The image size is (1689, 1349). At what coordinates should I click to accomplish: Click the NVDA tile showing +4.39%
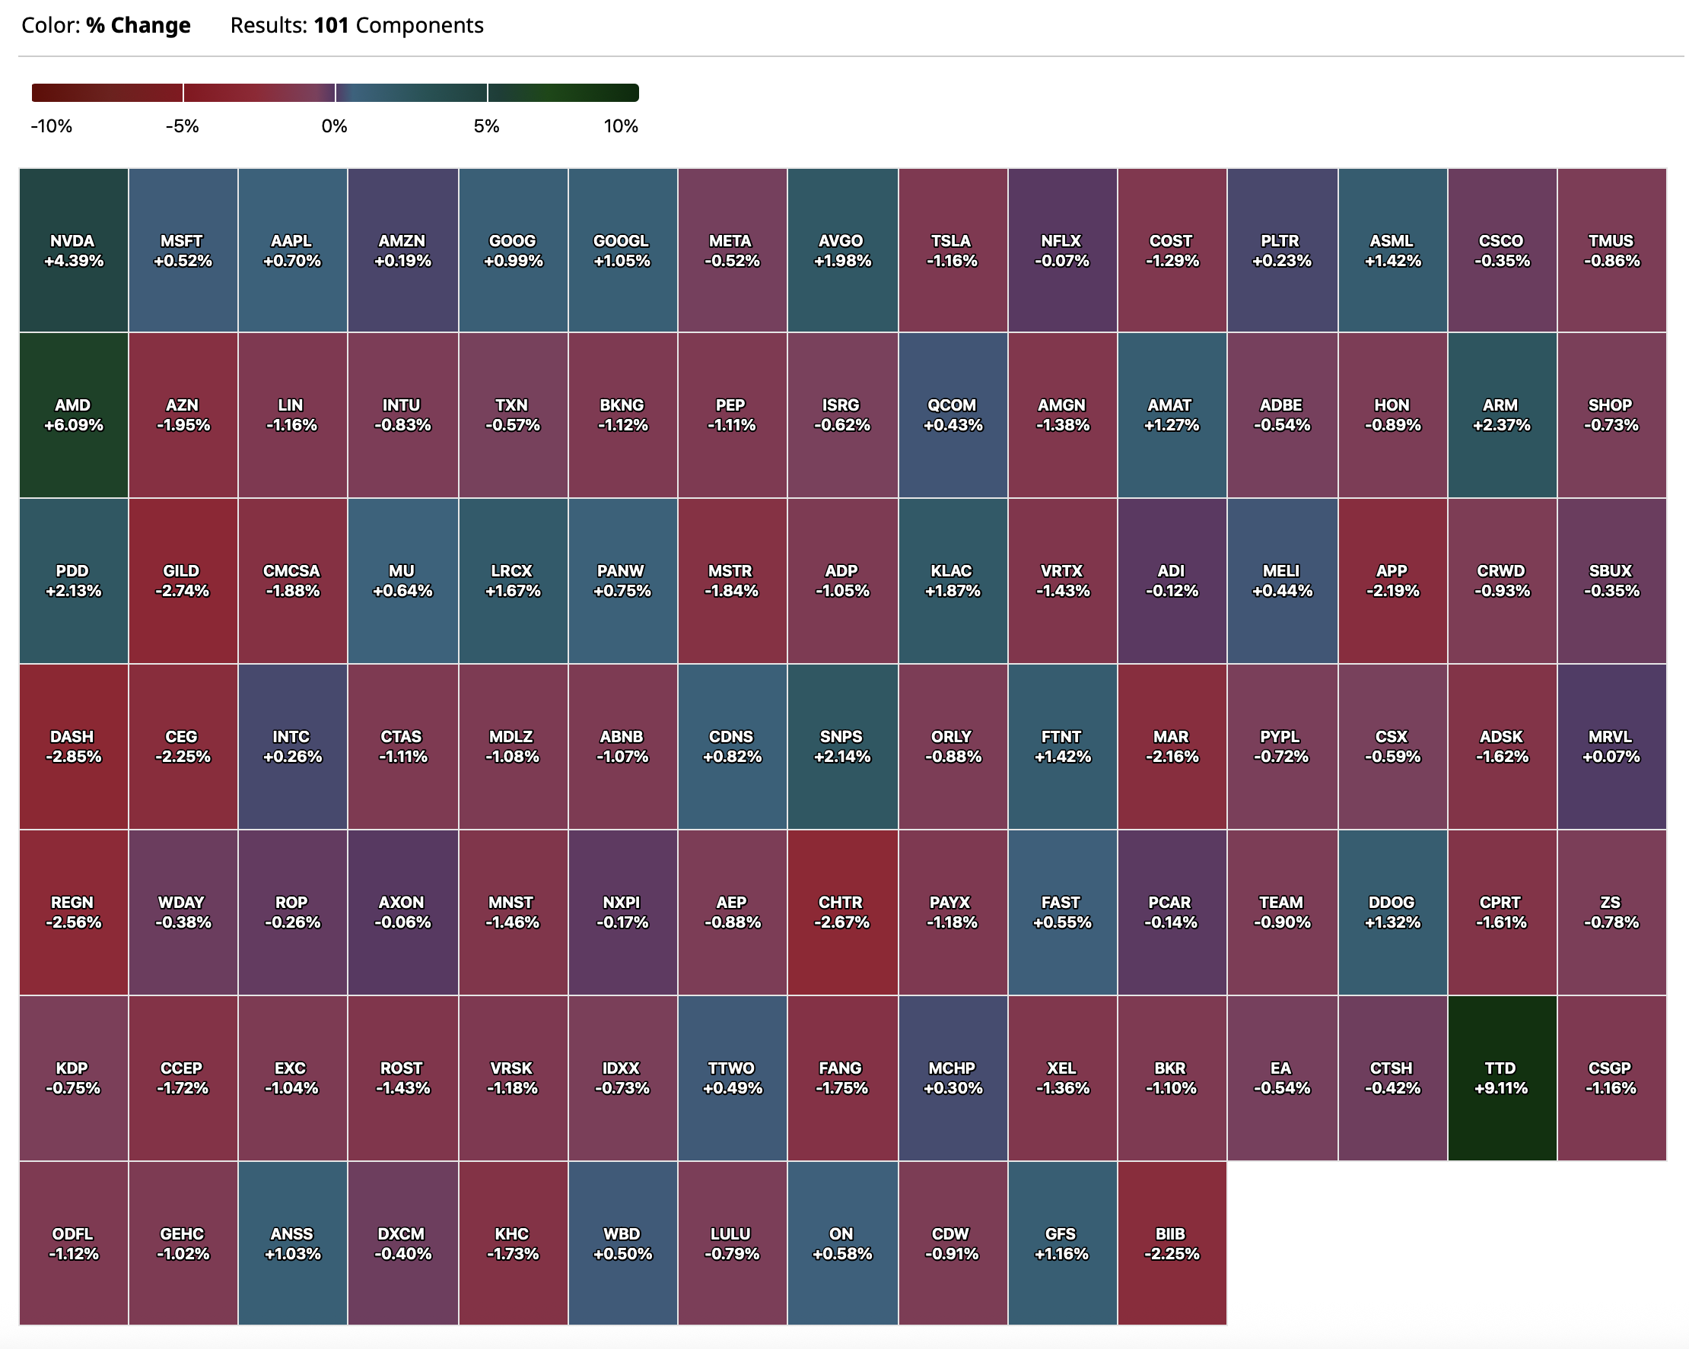(73, 250)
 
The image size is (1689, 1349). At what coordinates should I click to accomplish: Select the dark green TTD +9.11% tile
(1501, 1078)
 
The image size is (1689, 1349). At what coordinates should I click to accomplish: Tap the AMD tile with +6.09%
(73, 415)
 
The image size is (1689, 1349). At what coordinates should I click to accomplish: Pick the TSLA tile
(952, 250)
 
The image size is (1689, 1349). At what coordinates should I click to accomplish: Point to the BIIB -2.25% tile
(1171, 1243)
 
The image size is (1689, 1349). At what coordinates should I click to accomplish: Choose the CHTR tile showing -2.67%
(841, 912)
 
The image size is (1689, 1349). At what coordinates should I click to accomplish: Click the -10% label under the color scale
(52, 126)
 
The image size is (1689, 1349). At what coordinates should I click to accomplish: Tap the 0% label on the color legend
(335, 126)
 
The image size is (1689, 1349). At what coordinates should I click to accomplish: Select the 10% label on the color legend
(621, 126)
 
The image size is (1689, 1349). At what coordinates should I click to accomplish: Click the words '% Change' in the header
(138, 26)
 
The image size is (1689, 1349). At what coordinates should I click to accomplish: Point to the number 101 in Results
(331, 26)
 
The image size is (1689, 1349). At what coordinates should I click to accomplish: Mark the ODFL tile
(73, 1243)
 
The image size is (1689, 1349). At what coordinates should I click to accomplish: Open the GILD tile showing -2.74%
(183, 581)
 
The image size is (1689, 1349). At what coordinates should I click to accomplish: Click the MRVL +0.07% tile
(1611, 746)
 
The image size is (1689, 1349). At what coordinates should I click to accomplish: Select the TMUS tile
(1611, 250)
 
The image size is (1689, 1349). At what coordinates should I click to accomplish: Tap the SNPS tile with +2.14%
(841, 746)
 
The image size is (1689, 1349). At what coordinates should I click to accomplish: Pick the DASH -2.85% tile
(73, 746)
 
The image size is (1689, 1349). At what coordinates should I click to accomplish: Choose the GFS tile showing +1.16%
(1061, 1243)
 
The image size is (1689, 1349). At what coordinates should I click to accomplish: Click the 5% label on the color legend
(486, 126)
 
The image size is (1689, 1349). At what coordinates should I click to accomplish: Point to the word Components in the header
(419, 26)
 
